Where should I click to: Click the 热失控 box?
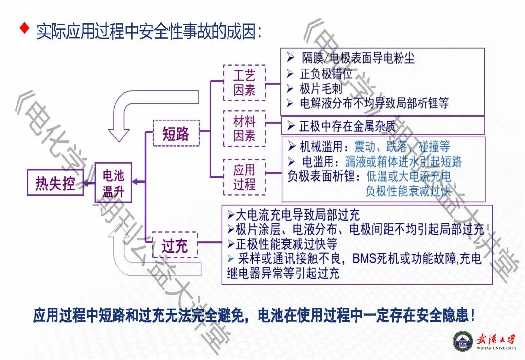pos(55,183)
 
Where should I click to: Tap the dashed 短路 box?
pos(175,133)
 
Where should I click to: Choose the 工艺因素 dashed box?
pos(244,83)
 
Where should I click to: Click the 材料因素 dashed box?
pos(244,128)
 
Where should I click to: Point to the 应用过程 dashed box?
pos(244,177)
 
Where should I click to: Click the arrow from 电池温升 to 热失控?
pos(88,183)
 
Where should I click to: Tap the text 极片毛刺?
pos(321,88)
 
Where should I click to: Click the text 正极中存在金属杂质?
pos(347,126)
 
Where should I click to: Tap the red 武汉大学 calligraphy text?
pos(496,339)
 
